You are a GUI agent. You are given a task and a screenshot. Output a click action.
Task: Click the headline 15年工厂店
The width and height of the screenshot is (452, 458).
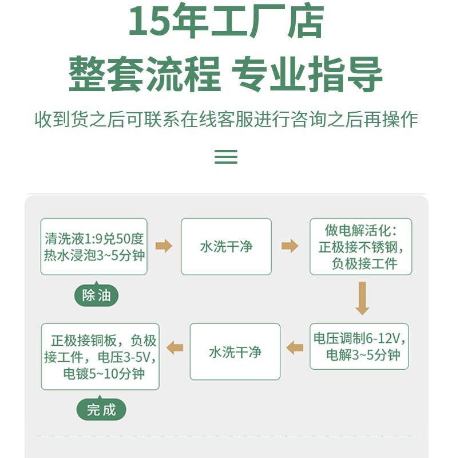coord(227,21)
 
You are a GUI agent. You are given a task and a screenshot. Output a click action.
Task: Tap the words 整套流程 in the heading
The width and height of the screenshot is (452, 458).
coord(145,74)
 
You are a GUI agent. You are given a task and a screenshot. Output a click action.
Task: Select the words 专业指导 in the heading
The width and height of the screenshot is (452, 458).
coord(307,74)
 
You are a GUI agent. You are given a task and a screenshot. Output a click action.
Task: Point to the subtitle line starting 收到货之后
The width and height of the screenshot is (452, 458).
coord(227,120)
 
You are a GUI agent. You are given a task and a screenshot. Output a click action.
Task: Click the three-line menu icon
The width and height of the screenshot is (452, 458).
coord(226,156)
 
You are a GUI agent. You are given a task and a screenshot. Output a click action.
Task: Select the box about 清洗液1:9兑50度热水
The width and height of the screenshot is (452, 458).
coord(94,247)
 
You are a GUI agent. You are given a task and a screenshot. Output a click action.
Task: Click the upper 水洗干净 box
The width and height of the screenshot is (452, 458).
coord(227,247)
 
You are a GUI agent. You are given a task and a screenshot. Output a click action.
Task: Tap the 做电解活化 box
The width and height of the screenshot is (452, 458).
coord(361,247)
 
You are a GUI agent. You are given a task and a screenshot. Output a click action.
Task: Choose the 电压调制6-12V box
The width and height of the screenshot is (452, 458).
coord(359,346)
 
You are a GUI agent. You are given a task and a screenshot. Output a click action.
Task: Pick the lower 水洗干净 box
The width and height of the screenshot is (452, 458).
coord(235,352)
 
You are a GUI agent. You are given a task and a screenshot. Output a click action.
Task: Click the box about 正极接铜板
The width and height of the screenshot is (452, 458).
coord(100,357)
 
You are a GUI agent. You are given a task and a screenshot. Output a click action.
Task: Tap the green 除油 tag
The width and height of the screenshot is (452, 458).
coord(96,295)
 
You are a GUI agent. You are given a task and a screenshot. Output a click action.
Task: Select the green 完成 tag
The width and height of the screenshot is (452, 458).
coord(101,409)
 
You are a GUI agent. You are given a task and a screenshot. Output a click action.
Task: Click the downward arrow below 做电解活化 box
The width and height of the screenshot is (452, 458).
coord(362,298)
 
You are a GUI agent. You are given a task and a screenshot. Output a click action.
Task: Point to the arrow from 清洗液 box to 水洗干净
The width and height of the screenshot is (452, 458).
coord(164,246)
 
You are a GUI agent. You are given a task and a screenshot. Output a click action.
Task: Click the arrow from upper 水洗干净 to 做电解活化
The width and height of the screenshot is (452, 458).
coord(290,246)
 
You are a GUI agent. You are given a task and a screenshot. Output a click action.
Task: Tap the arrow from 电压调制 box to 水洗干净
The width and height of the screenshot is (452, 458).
coord(295,348)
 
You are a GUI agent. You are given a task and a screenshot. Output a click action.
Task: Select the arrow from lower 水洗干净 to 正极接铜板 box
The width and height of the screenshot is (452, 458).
coord(175,348)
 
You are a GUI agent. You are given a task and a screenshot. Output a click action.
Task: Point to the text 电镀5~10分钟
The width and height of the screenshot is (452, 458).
coord(104,374)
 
